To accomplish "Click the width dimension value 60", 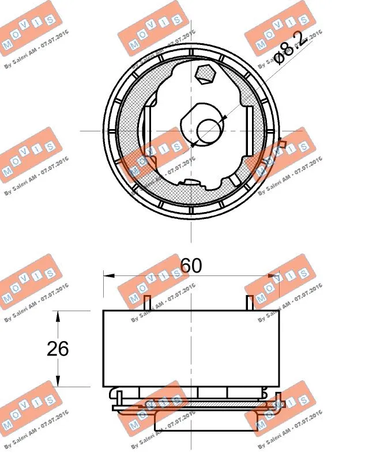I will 191,266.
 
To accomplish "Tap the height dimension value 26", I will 58,348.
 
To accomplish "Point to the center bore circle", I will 208,131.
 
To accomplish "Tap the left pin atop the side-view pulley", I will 149,303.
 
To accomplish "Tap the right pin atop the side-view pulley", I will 249,303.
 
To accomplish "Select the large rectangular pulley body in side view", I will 191,348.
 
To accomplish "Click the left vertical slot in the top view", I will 146,131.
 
